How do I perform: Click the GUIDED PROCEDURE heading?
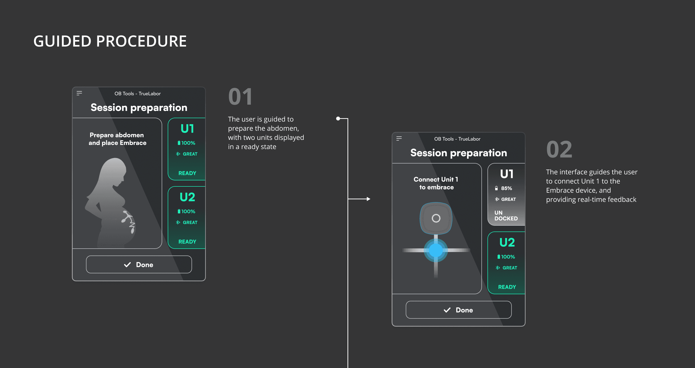point(110,41)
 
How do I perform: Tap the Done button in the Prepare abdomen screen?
point(139,265)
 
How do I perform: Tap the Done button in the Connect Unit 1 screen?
point(459,310)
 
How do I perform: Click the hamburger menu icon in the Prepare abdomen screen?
point(79,93)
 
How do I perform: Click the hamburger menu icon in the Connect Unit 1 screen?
point(399,139)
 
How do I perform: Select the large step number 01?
point(240,97)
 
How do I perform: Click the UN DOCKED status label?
point(506,216)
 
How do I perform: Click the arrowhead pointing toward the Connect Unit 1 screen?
point(368,199)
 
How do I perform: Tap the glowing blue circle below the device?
point(436,250)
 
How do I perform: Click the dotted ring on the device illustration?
point(436,218)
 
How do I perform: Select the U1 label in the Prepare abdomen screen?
point(187,129)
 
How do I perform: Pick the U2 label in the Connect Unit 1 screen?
point(507,242)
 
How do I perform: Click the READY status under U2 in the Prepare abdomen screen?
point(187,242)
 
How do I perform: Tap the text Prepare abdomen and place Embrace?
point(117,139)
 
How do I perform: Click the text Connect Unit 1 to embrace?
point(436,183)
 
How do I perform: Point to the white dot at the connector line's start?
point(338,118)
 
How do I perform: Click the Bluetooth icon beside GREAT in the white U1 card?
point(497,199)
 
